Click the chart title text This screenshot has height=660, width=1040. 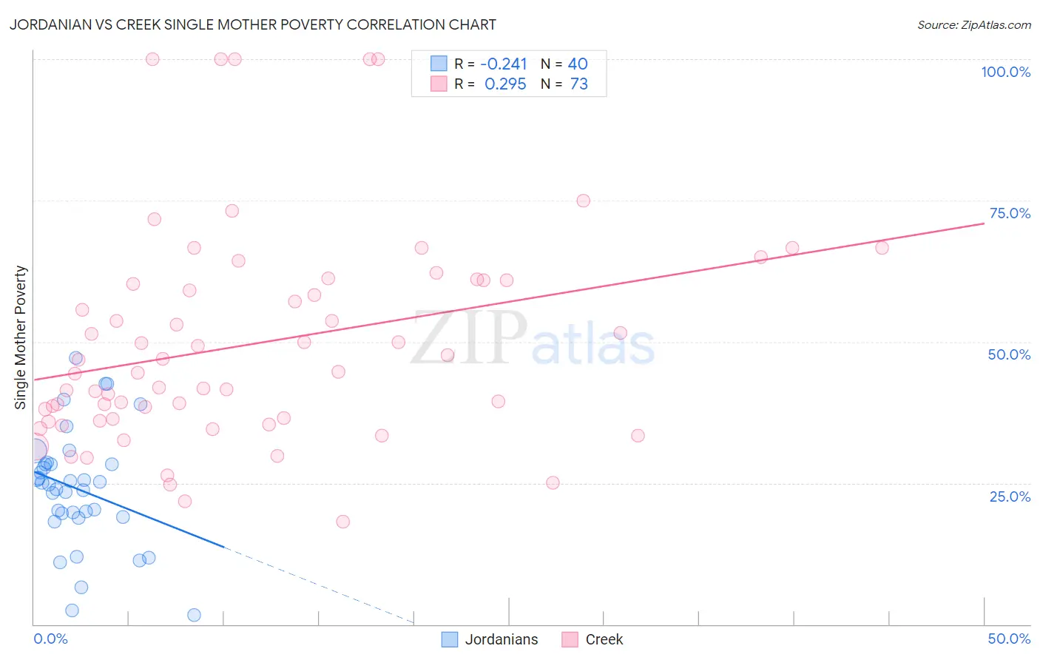252,24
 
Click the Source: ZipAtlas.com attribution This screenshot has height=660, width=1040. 973,25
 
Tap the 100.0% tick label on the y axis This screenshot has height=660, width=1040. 1005,72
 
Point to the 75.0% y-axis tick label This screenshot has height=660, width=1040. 1010,213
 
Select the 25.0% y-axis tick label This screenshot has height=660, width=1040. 1010,496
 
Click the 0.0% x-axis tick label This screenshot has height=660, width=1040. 50,639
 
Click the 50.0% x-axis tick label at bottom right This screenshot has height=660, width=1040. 1009,639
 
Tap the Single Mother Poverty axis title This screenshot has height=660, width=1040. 20,337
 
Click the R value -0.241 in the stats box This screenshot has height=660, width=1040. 504,64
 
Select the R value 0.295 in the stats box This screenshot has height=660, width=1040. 505,84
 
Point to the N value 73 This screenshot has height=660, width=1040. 578,84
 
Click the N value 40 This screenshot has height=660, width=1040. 577,64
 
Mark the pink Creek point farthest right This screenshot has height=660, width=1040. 882,248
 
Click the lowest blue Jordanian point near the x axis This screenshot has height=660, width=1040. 194,615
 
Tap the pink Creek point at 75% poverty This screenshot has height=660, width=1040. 583,201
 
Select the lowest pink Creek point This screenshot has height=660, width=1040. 342,522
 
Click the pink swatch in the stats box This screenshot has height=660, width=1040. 439,84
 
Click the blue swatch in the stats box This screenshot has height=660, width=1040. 439,64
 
